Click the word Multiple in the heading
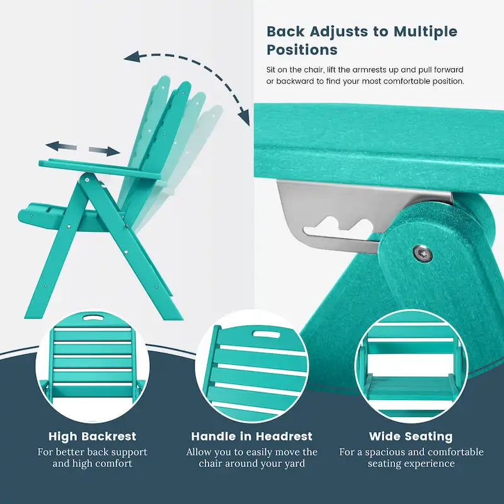click(x=425, y=31)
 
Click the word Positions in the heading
click(x=302, y=50)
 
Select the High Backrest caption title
click(x=92, y=436)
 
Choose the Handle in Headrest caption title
click(x=251, y=436)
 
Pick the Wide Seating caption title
click(x=411, y=436)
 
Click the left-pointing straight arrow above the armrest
click(x=61, y=147)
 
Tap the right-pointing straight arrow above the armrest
click(x=104, y=151)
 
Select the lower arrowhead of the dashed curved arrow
click(x=244, y=118)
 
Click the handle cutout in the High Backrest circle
click(x=93, y=318)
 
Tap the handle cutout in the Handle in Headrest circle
click(x=266, y=335)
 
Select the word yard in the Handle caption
click(x=295, y=464)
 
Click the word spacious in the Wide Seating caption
click(x=388, y=452)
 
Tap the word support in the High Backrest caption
click(x=128, y=452)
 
